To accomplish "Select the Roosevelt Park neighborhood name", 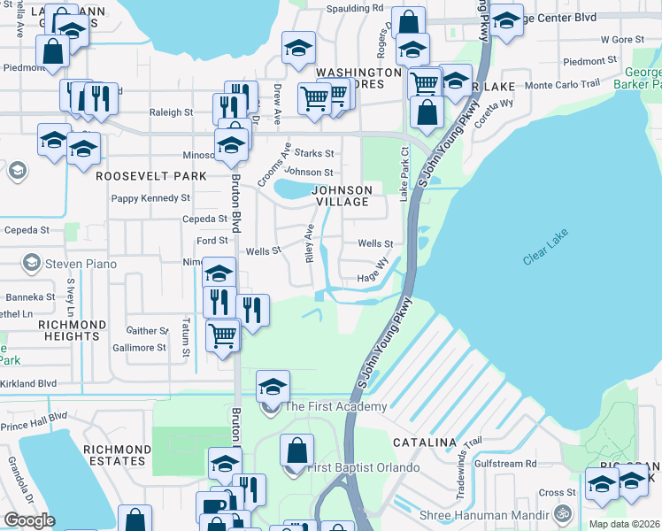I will tap(150, 176).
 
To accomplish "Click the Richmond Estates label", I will tap(114, 455).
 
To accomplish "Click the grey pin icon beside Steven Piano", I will tap(32, 262).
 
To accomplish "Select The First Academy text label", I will tap(335, 406).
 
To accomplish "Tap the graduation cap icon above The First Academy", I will tap(273, 385).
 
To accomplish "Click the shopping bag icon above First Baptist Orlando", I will tap(296, 450).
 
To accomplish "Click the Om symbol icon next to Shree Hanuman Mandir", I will tap(560, 512).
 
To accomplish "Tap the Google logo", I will tap(29, 519).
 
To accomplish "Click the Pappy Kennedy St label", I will tap(146, 197).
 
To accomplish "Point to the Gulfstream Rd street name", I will tap(505, 463).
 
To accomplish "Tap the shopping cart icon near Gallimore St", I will tap(222, 335).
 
